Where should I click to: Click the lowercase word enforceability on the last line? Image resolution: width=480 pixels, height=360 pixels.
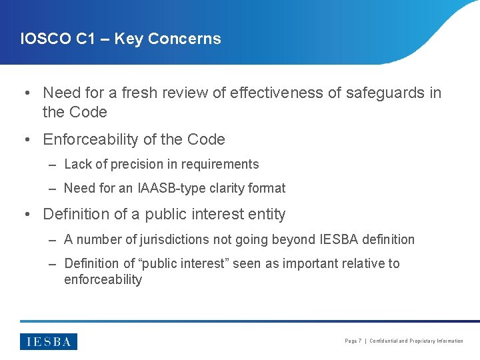(103, 279)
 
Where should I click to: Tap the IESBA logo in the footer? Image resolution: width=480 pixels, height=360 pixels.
(49, 341)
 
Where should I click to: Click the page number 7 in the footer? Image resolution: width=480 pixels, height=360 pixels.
(360, 341)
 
